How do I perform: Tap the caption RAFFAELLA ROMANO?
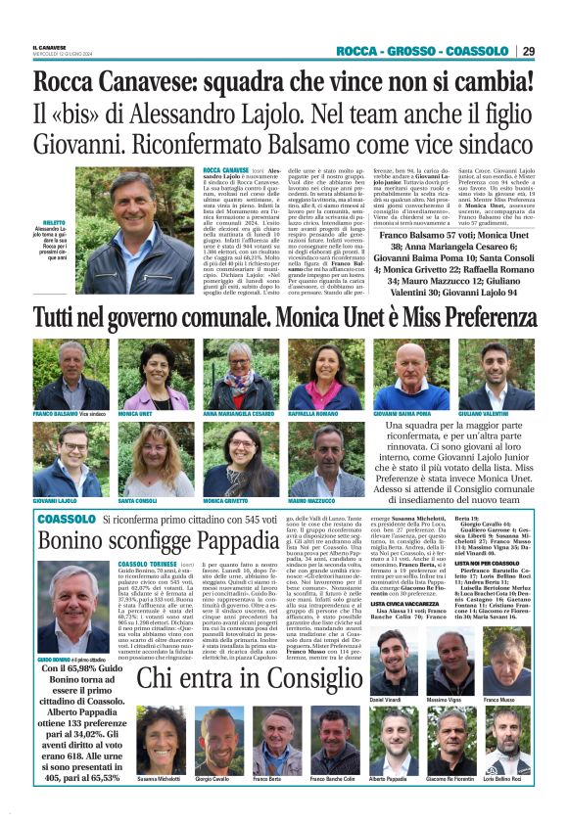pyautogui.click(x=312, y=415)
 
